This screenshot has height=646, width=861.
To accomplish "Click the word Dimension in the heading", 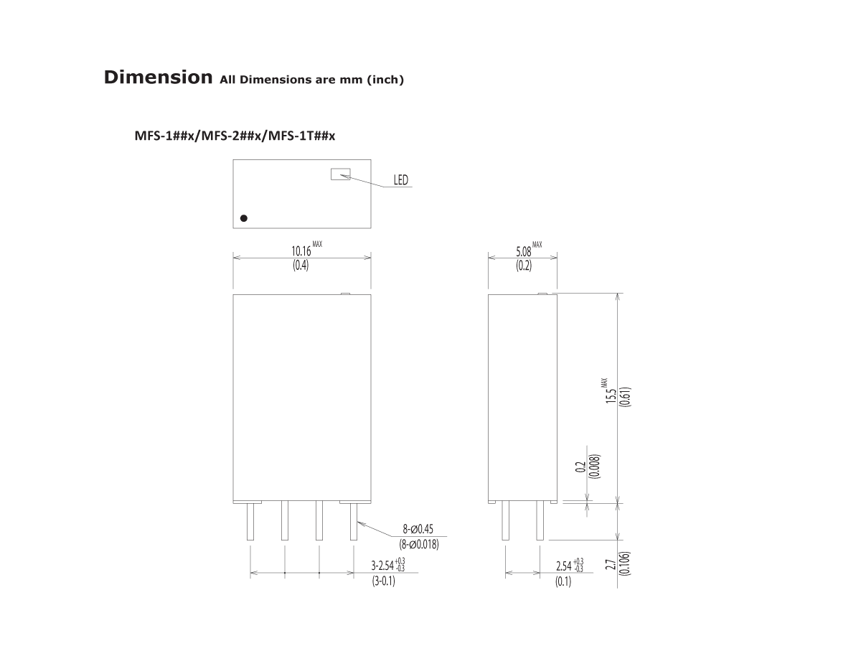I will pyautogui.click(x=158, y=77).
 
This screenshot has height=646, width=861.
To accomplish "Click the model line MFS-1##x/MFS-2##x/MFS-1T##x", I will pyautogui.click(x=235, y=136).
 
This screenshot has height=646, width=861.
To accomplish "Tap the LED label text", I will pyautogui.click(x=400, y=180).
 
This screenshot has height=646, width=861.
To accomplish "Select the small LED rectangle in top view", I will pyautogui.click(x=340, y=174).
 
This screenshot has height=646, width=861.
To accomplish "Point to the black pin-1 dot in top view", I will pyautogui.click(x=244, y=217).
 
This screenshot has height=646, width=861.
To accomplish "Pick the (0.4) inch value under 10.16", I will pyautogui.click(x=300, y=266).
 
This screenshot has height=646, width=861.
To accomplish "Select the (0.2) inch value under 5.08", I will pyautogui.click(x=523, y=266).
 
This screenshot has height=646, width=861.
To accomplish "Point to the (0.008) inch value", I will pyautogui.click(x=594, y=467).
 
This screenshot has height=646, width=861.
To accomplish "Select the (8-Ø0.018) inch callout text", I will pyautogui.click(x=419, y=544).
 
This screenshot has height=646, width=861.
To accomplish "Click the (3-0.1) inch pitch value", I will pyautogui.click(x=383, y=581).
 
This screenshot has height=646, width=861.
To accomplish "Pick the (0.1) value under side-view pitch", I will pyautogui.click(x=563, y=581).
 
